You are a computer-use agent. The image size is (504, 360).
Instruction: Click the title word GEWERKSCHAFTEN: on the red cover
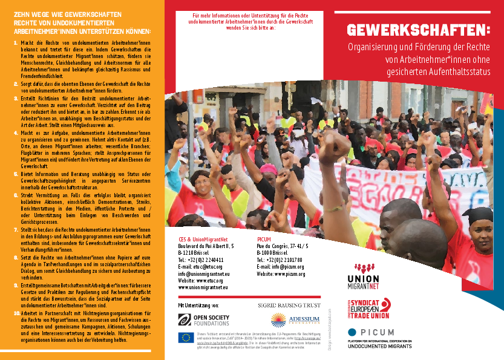[x=419, y=30]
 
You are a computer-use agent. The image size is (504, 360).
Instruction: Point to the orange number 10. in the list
[x=16, y=313]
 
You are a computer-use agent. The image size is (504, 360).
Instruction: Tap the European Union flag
[x=186, y=337]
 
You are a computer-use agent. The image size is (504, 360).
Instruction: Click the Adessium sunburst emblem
[x=278, y=320]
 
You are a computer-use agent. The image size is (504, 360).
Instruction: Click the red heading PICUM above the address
[x=264, y=238]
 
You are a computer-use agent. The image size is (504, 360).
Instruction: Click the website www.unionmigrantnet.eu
[x=203, y=287]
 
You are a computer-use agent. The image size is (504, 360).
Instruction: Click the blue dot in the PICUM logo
[x=352, y=332]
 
